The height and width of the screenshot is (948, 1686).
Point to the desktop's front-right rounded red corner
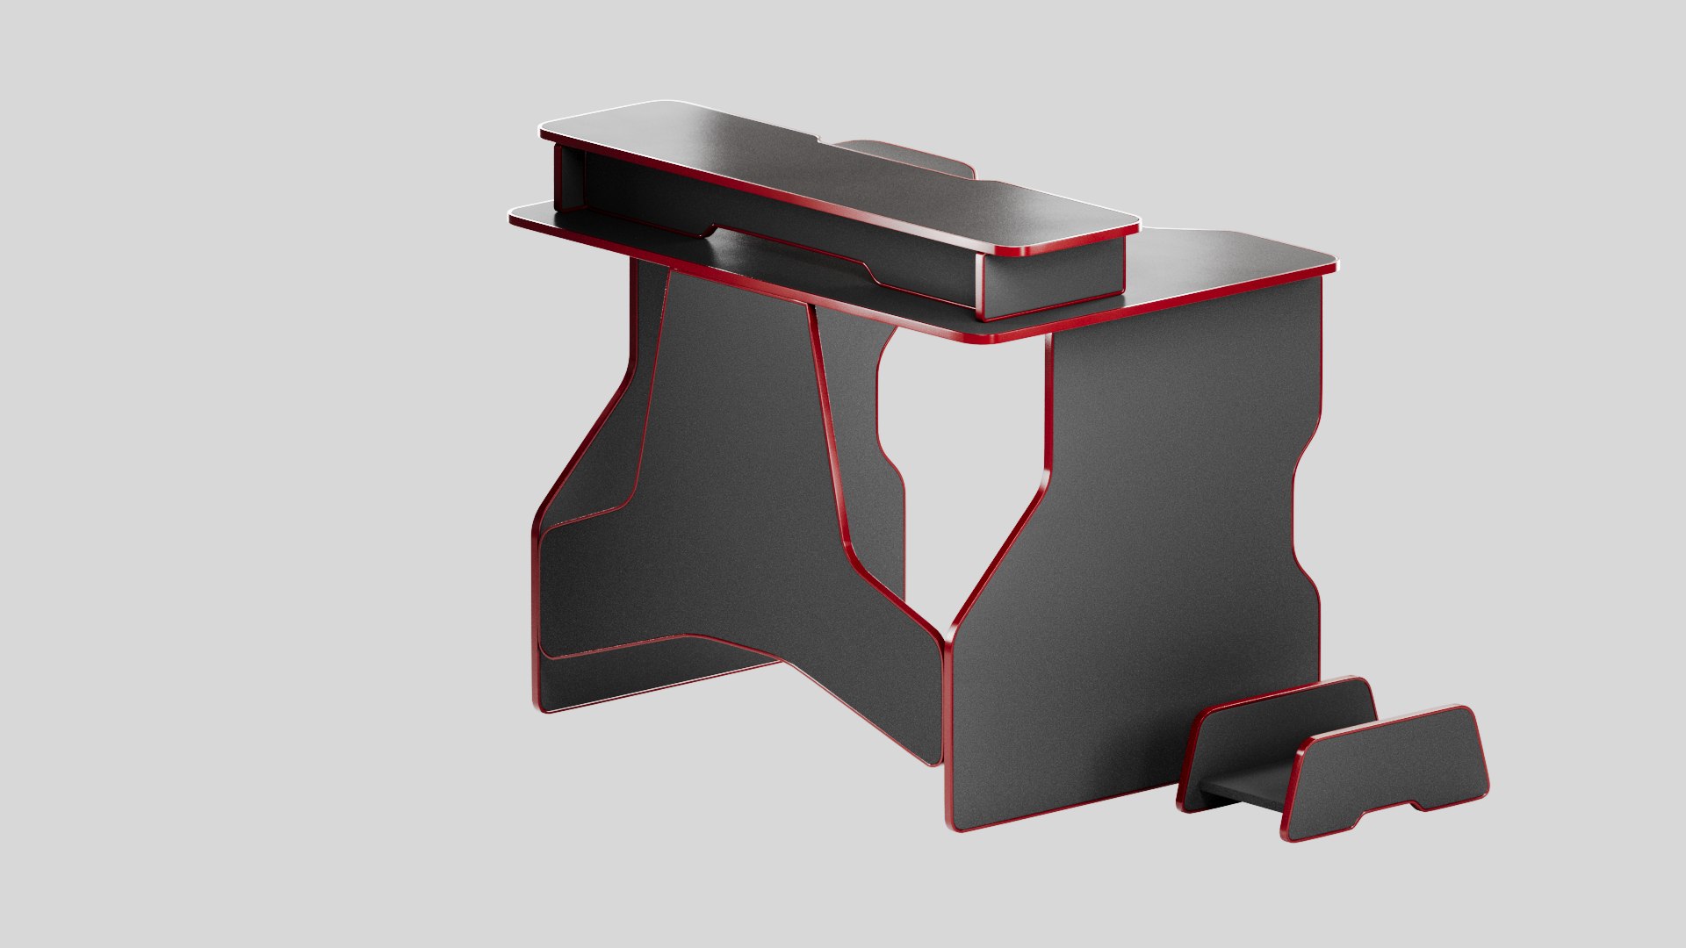coord(988,338)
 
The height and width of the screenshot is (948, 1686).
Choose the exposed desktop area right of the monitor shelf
coord(1229,263)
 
